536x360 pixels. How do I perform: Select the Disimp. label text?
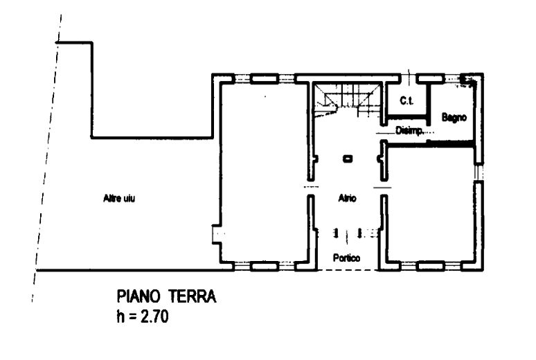pos(409,129)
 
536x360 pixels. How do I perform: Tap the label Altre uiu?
pos(118,199)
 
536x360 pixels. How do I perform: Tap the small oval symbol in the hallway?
pos(347,159)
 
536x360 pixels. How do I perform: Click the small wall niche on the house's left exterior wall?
pos(217,235)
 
